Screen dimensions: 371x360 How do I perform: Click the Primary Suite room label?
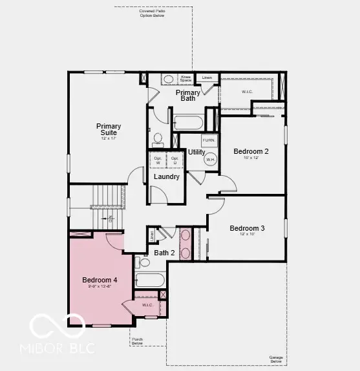tap(109, 129)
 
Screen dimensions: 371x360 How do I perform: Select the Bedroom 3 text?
tap(247, 228)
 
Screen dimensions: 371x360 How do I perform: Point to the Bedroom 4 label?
tap(100, 280)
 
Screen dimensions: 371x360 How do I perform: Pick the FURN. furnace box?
tap(209, 140)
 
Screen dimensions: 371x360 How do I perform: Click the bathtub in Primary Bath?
tap(188, 122)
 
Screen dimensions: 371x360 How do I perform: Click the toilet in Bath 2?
tap(143, 262)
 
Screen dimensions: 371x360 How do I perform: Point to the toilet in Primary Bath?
tap(157, 138)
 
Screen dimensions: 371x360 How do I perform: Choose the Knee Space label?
tap(186, 78)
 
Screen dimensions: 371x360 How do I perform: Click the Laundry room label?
tap(166, 176)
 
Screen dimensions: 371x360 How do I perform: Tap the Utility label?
tap(196, 153)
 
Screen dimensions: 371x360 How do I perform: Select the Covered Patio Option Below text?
tap(152, 13)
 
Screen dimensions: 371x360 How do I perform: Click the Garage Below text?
tap(276, 359)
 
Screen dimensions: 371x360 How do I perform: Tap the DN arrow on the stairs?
tap(111, 219)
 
